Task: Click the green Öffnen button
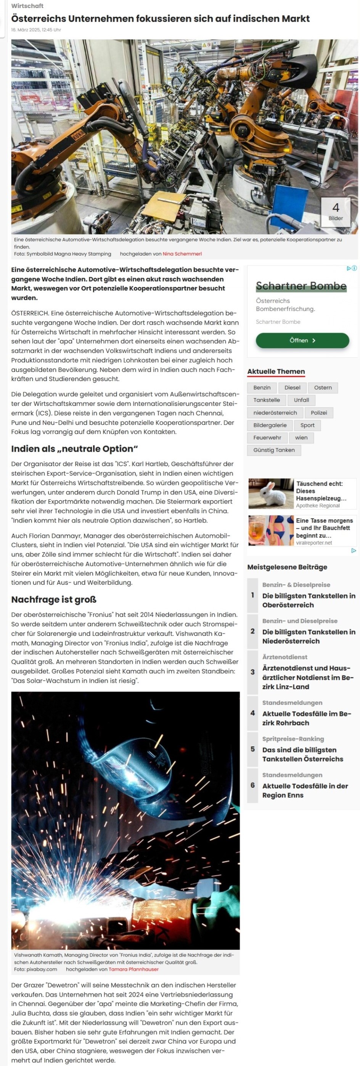302,340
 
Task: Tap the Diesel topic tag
292,387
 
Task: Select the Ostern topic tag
322,387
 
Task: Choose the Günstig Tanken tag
273,450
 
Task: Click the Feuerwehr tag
267,437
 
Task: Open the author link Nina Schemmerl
182,254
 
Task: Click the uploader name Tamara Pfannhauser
133,969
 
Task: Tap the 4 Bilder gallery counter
335,211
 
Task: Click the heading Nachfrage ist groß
54,599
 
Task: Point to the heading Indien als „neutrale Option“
74,449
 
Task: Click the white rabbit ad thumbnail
271,493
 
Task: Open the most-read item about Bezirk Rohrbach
306,718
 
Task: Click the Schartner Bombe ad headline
301,286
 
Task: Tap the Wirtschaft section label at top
27,6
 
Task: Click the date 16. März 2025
36,30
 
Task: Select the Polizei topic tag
318,413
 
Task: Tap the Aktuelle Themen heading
276,371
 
